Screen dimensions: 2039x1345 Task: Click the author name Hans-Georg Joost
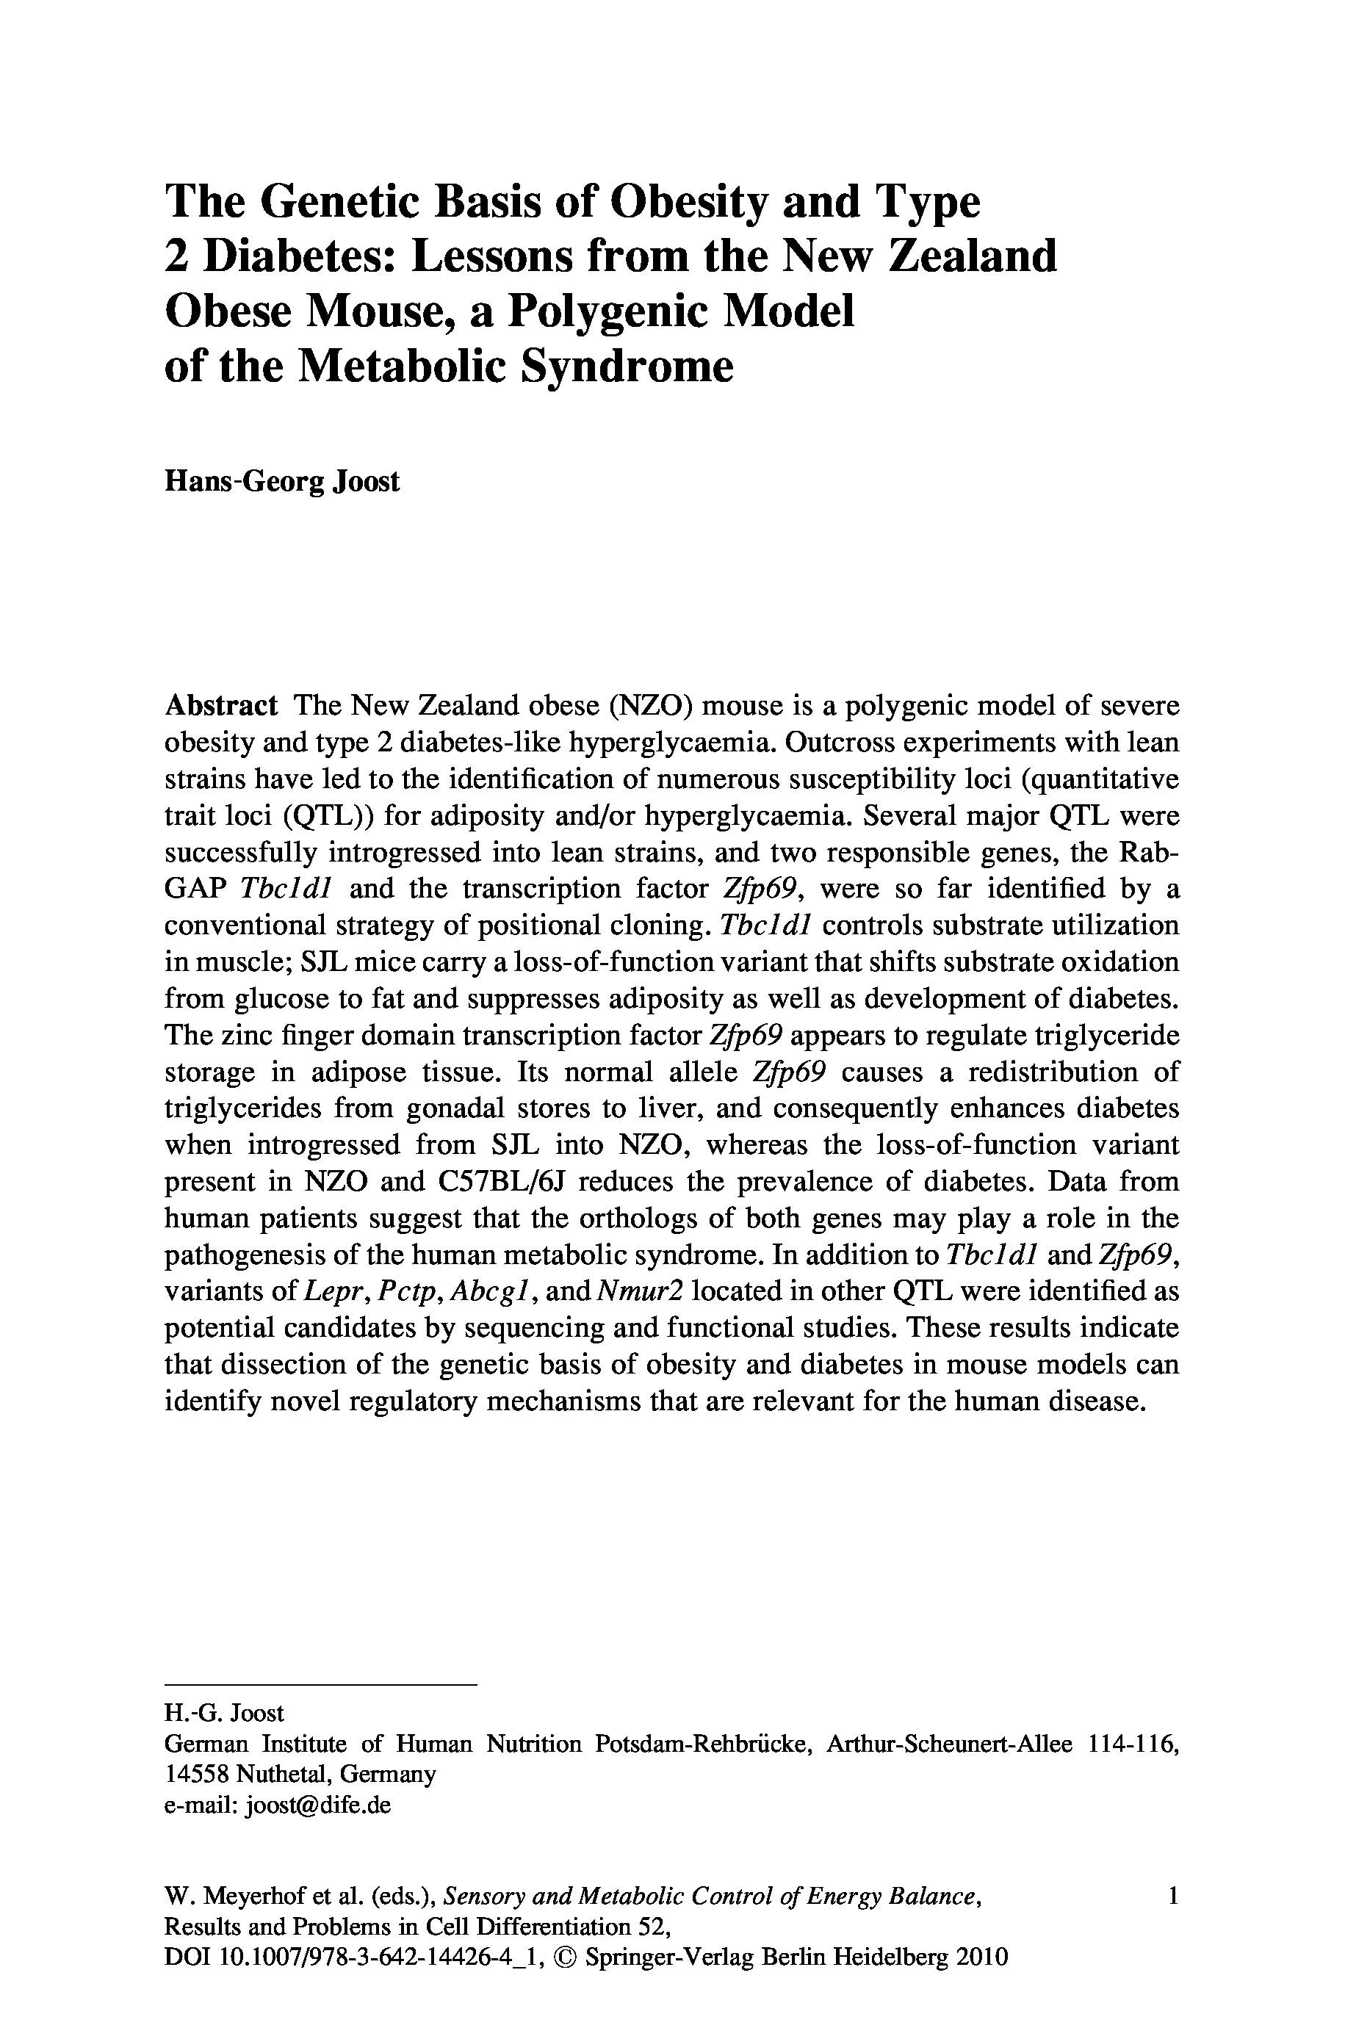[281, 481]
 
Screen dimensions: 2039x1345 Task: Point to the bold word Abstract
[220, 706]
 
